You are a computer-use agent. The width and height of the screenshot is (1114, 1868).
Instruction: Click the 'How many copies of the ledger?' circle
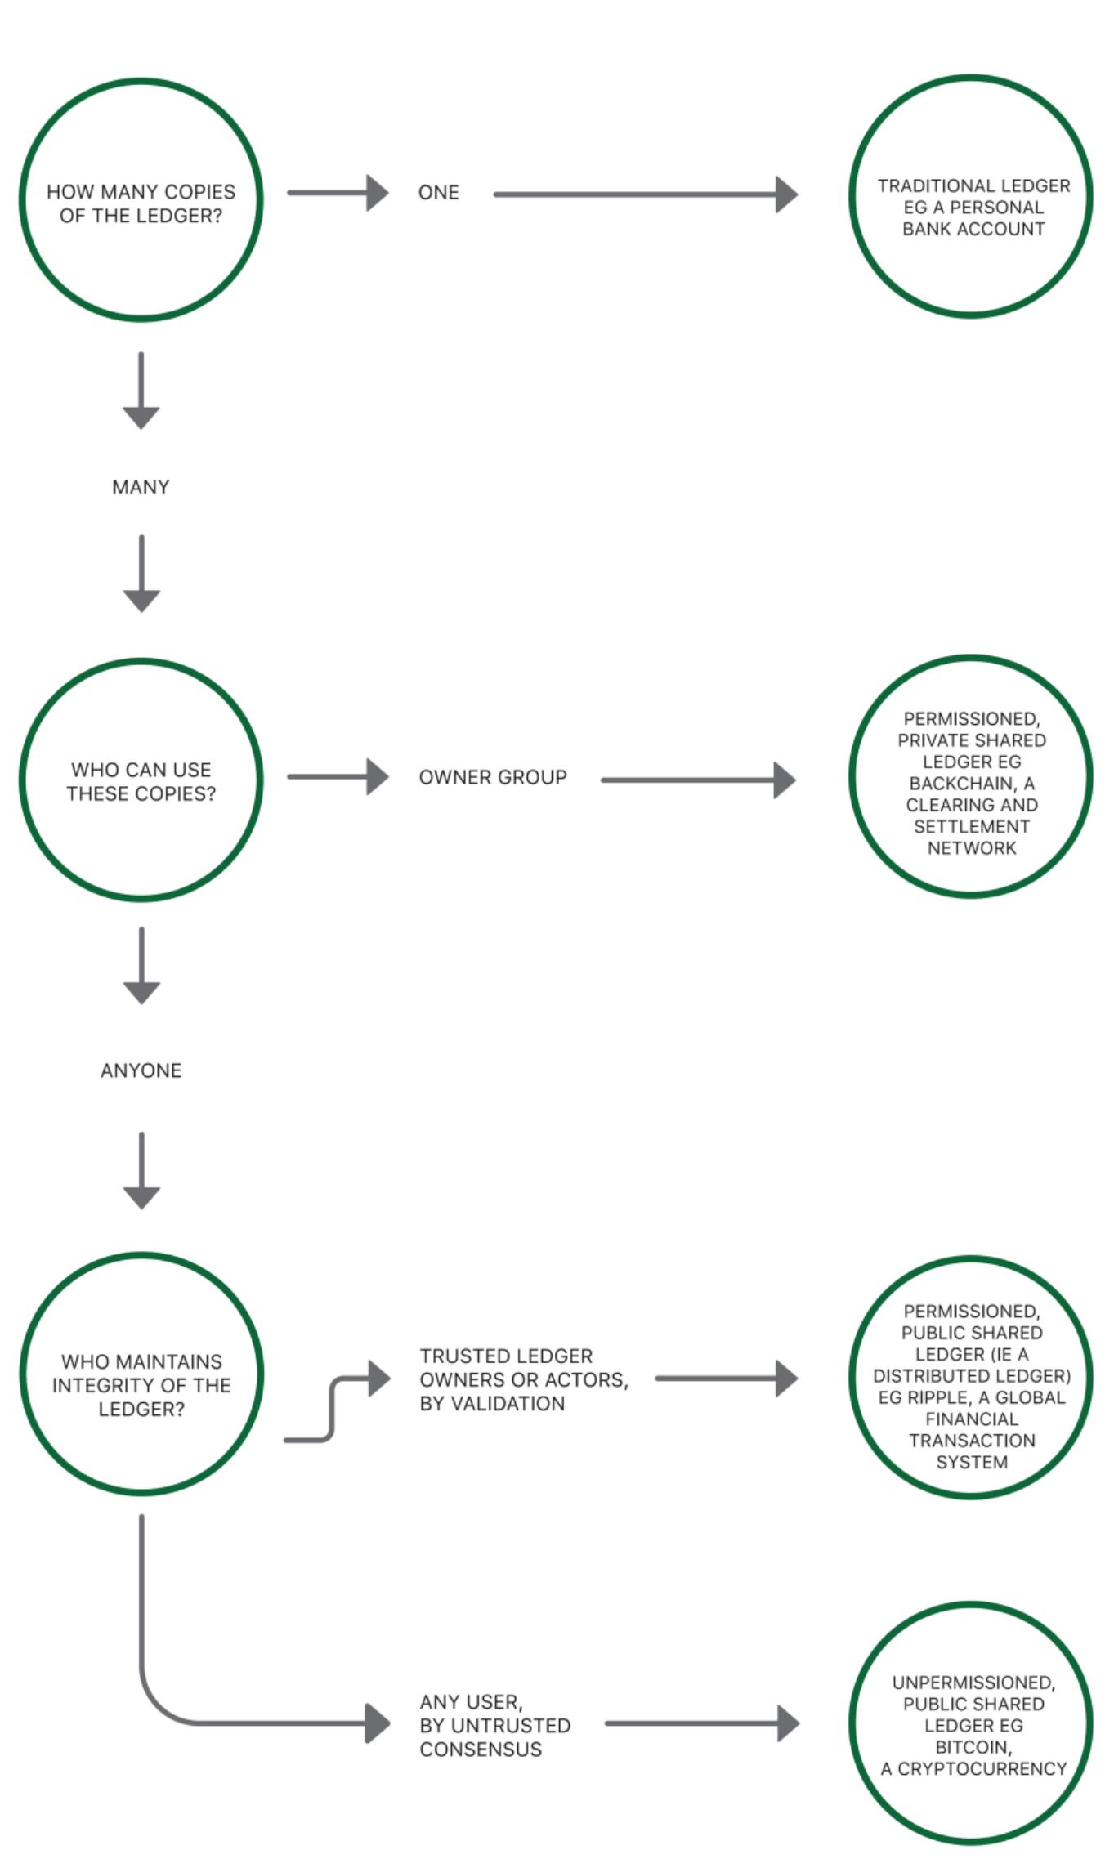click(x=141, y=201)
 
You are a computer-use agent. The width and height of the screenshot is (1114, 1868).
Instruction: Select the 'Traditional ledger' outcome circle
click(x=972, y=197)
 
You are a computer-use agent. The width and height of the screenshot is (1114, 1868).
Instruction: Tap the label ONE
click(x=438, y=193)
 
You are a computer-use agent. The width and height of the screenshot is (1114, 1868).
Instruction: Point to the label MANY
click(x=141, y=487)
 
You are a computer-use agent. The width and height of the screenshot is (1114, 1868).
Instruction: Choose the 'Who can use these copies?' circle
click(x=141, y=780)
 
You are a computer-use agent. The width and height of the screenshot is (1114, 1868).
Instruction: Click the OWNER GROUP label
click(x=493, y=777)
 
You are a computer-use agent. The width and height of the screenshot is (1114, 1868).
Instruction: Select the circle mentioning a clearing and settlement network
click(x=972, y=776)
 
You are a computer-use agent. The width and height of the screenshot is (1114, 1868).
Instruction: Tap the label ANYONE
click(x=141, y=1070)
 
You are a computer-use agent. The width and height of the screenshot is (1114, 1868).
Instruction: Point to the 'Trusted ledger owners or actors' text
click(x=523, y=1379)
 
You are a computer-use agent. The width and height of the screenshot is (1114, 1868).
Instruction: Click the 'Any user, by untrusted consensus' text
click(x=494, y=1725)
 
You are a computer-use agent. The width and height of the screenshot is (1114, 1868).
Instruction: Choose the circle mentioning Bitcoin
click(x=972, y=1724)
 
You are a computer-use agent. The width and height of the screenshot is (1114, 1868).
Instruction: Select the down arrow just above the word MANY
click(x=141, y=392)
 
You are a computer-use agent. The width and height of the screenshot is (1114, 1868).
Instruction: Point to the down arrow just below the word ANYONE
click(x=141, y=1172)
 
